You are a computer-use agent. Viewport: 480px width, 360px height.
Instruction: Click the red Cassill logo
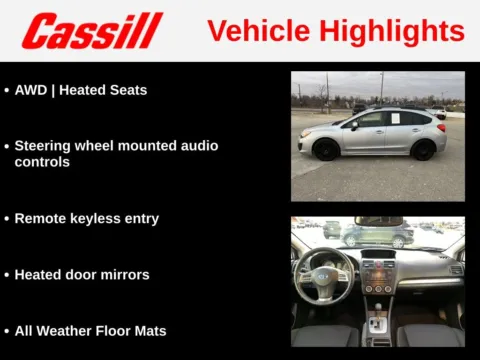coord(92,31)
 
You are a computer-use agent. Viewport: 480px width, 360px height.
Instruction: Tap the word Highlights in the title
coord(392,31)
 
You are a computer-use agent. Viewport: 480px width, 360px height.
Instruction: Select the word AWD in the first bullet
coord(32,90)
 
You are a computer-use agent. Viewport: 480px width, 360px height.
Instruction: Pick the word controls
coord(42,162)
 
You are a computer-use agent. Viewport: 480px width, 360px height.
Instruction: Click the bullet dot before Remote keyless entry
coord(6,218)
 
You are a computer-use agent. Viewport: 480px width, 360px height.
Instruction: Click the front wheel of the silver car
coord(326,150)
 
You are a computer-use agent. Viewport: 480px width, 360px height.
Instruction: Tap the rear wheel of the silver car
coord(423,150)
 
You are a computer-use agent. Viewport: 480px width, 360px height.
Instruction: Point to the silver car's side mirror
coord(354,126)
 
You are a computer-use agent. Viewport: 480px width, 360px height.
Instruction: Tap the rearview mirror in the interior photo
coord(378,221)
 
